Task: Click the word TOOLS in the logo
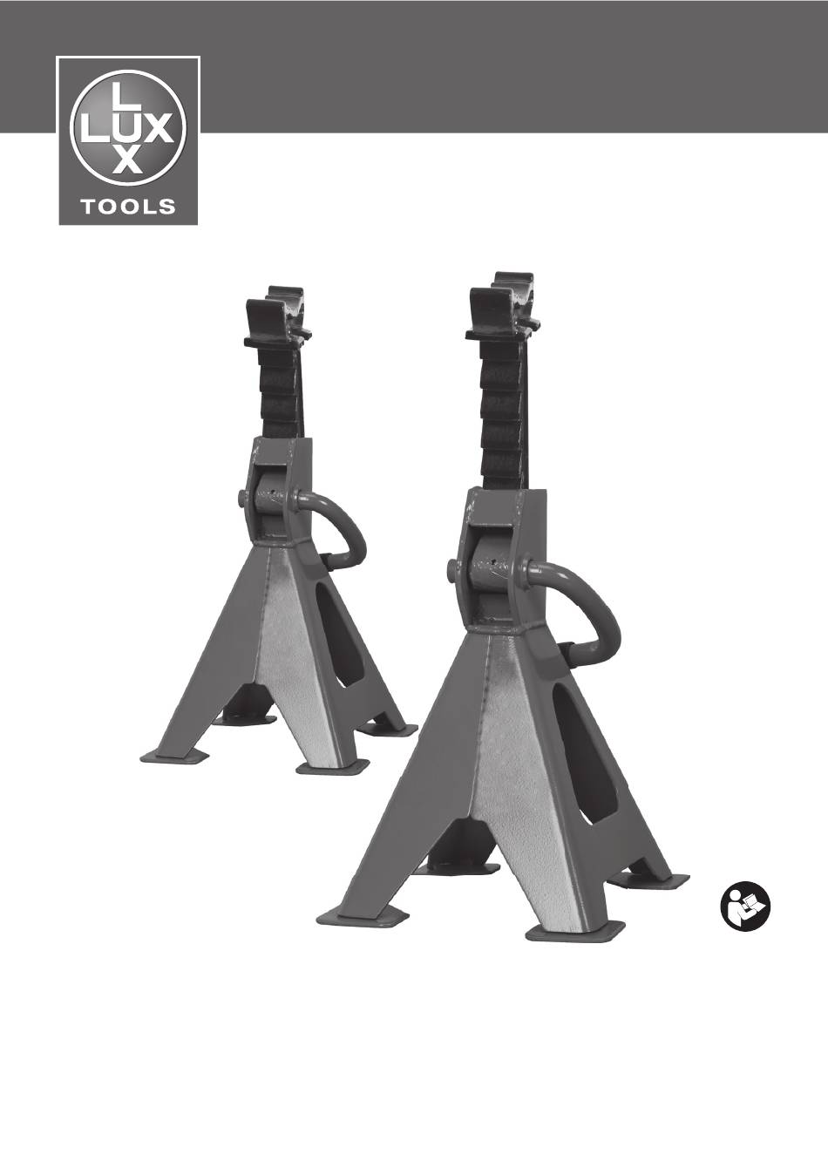pos(127,207)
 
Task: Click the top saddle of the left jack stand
pos(278,318)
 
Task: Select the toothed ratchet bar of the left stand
pos(281,393)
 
